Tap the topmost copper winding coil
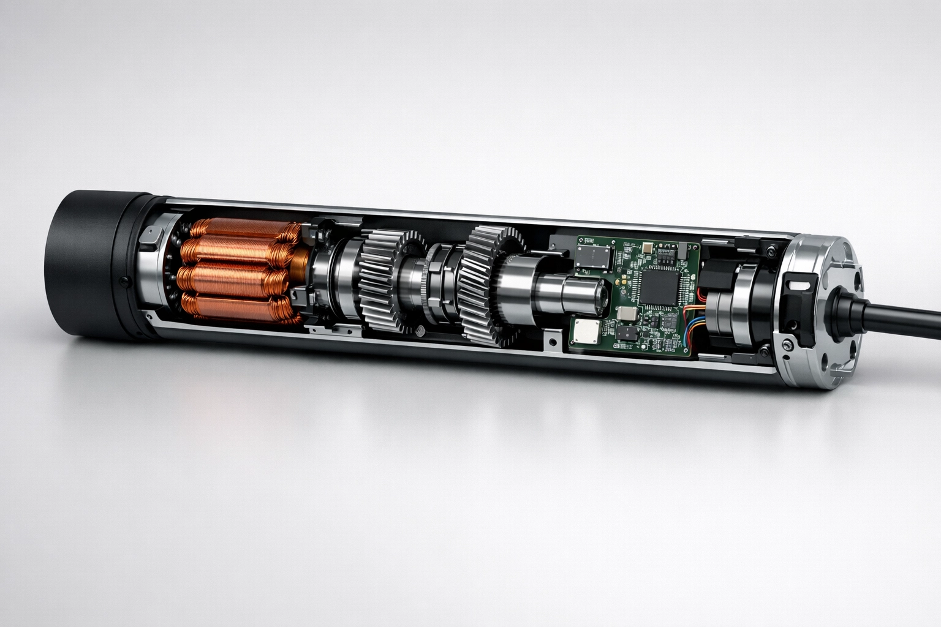point(242,229)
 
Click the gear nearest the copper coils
point(383,279)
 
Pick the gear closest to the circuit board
point(484,285)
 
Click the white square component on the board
point(585,332)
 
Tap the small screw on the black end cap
point(124,282)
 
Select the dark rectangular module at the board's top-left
point(594,257)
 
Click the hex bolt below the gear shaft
point(420,331)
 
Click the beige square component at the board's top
point(648,248)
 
